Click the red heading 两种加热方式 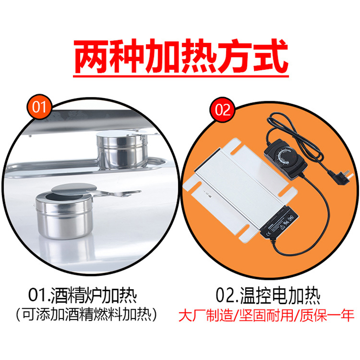[181, 56]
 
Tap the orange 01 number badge [39, 107]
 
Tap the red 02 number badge [222, 109]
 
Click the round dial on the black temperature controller [285, 157]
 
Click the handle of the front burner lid [115, 193]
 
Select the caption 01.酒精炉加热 [83, 295]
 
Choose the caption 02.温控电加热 [268, 295]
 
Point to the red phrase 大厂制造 [206, 315]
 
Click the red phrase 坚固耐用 [266, 315]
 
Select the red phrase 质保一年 [327, 315]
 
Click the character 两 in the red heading [91, 56]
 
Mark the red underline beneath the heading [181, 76]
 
